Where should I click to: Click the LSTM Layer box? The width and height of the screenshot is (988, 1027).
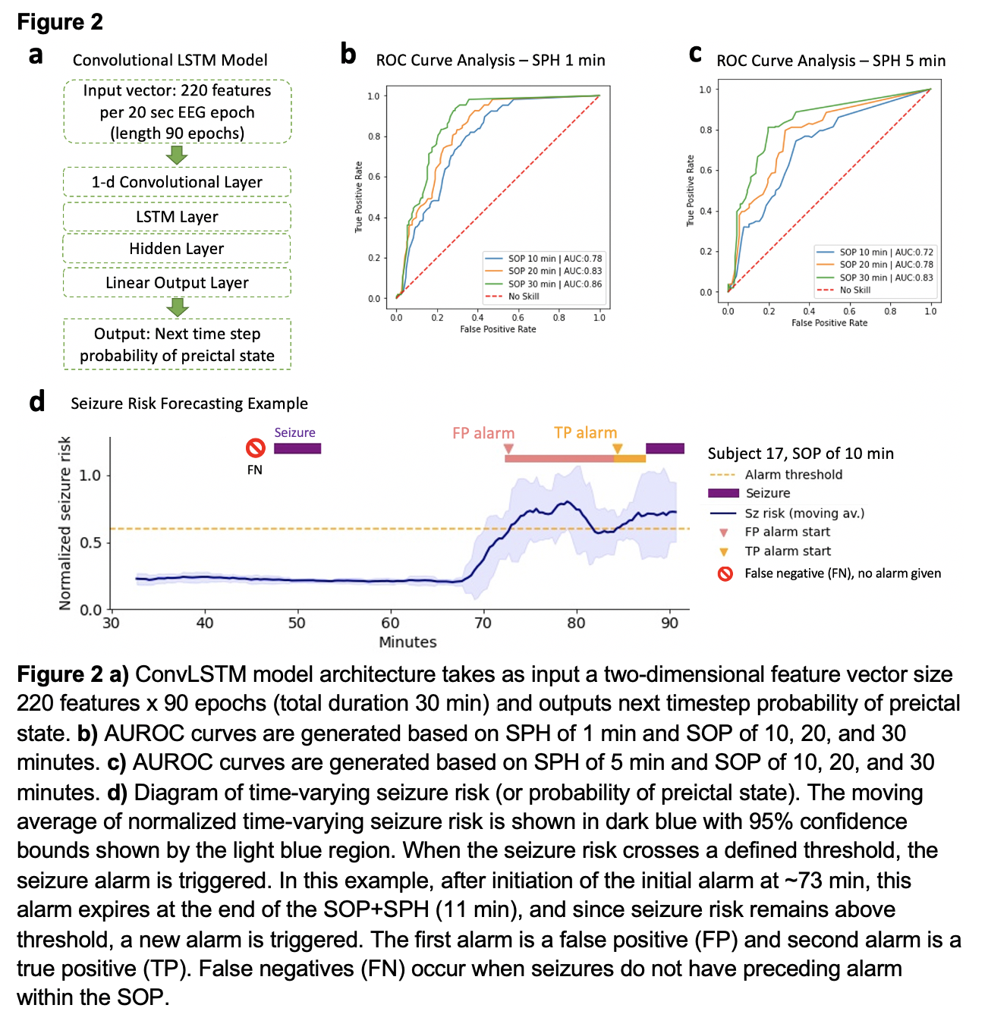(177, 217)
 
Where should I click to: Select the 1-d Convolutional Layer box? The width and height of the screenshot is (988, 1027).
(177, 182)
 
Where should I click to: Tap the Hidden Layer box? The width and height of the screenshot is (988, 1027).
(177, 249)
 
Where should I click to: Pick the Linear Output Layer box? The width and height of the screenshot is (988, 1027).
(177, 283)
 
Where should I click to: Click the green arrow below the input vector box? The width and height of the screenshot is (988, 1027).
(177, 155)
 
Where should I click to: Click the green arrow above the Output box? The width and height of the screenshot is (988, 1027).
(177, 307)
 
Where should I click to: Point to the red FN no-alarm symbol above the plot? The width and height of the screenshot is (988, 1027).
(255, 448)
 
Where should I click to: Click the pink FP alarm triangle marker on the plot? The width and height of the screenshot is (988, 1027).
(508, 449)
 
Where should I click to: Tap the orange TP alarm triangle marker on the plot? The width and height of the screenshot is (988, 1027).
(618, 448)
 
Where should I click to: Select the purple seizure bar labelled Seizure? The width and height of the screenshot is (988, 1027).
(297, 448)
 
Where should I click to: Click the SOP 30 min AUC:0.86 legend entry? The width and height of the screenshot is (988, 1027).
(543, 284)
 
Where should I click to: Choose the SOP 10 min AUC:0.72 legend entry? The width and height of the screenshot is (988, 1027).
(874, 252)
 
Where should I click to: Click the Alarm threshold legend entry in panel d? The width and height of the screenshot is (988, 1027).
(793, 475)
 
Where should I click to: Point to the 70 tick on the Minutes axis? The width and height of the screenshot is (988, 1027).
(483, 623)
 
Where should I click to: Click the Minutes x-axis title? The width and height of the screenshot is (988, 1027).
(407, 642)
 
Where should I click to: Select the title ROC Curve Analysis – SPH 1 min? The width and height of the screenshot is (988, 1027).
(490, 61)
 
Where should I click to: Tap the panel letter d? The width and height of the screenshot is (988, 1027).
(36, 401)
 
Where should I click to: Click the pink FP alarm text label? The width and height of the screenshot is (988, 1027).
(483, 433)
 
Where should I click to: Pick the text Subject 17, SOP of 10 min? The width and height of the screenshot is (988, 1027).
(801, 454)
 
